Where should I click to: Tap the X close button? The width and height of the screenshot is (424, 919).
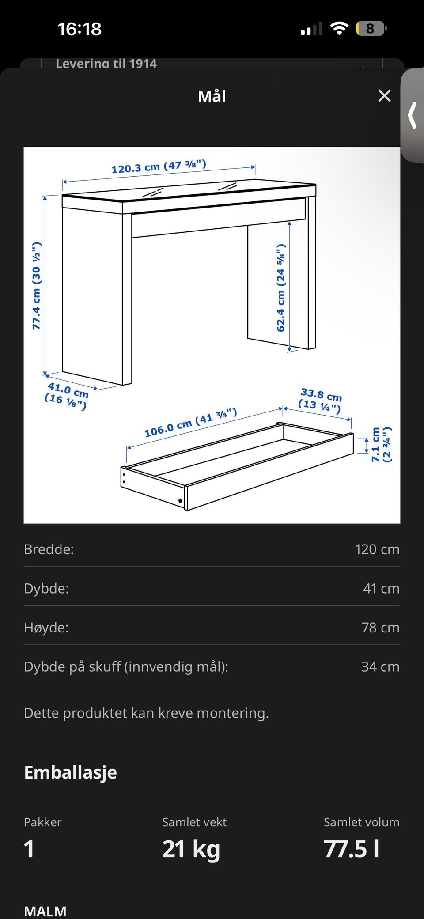385,96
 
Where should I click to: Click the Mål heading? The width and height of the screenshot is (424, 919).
212,96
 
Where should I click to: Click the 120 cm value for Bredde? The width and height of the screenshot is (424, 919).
377,549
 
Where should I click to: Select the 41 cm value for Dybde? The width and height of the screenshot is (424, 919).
381,588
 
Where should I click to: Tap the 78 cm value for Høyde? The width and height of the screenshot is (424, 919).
381,628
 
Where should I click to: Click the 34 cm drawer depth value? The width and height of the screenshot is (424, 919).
380,666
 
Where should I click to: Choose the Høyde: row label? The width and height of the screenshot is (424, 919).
46,628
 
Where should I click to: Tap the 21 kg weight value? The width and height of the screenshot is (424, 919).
191,849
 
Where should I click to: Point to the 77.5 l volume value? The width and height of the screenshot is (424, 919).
352,848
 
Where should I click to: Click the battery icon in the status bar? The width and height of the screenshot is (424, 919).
371,29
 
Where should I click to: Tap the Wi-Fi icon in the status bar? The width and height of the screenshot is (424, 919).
339,29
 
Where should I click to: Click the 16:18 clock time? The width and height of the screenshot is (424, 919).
79,29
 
